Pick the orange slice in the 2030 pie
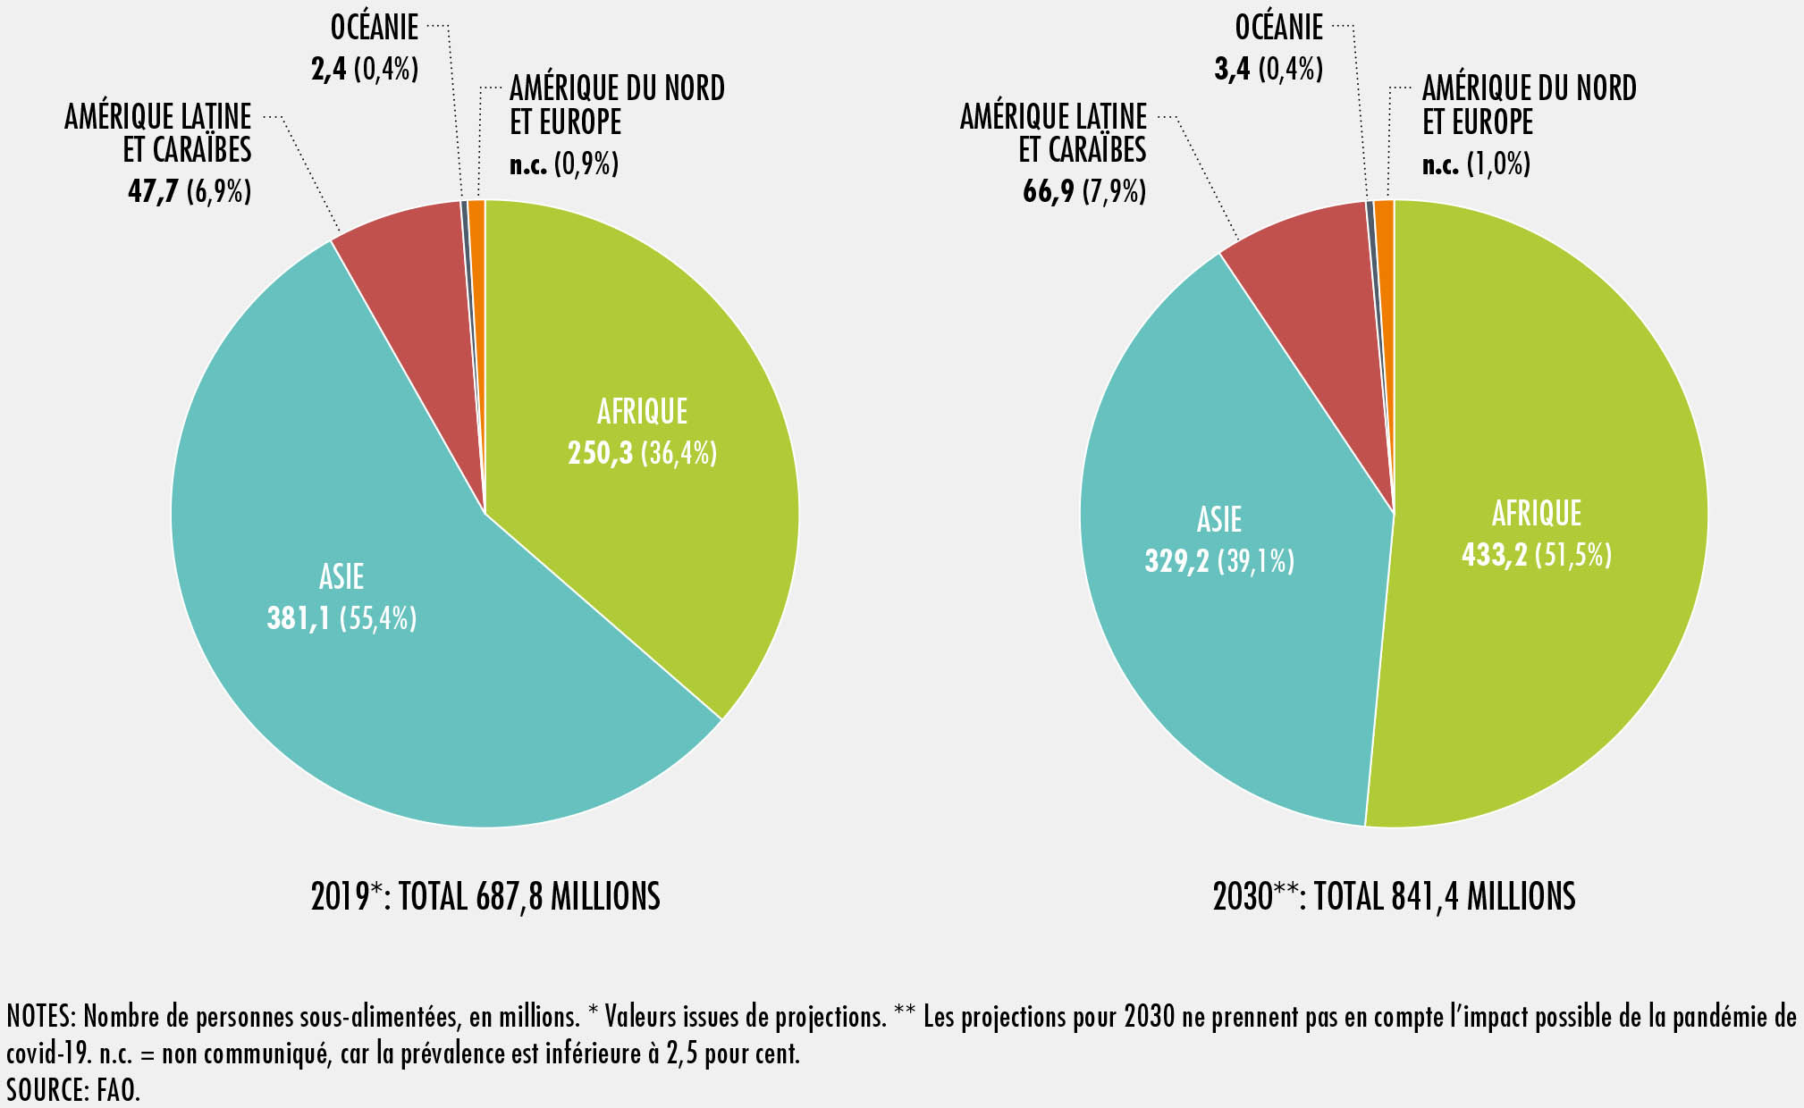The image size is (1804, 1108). (x=1385, y=214)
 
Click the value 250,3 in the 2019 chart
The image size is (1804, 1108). (x=600, y=454)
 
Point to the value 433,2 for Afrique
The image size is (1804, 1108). (x=1494, y=556)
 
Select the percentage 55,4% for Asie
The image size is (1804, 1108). (x=379, y=618)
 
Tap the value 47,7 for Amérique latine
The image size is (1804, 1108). (x=153, y=191)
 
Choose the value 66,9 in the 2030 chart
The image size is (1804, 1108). (x=1048, y=191)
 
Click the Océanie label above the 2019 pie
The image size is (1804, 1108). (x=375, y=28)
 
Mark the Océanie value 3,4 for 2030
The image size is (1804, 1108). (x=1232, y=69)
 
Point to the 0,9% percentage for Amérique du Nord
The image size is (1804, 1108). (x=586, y=164)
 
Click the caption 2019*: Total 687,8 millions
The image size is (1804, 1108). (x=485, y=896)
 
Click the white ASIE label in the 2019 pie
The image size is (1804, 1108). (x=341, y=577)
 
